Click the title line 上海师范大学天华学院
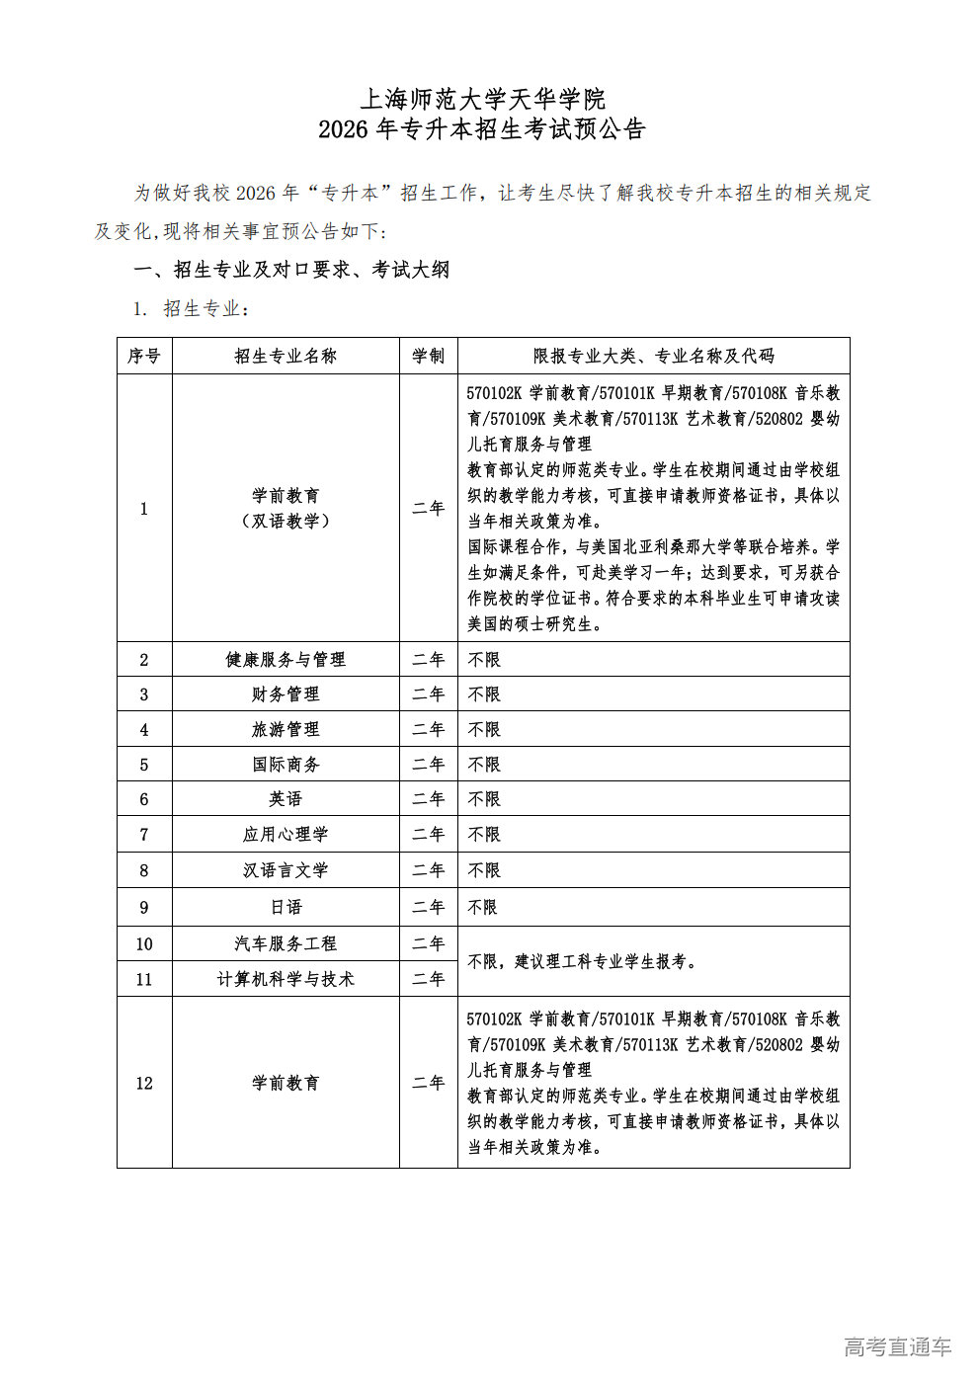(482, 99)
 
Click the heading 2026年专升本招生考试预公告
(482, 129)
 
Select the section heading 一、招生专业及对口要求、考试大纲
(291, 270)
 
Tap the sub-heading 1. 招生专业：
(192, 309)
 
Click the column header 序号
(144, 356)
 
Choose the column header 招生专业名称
(286, 356)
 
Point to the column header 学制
(428, 356)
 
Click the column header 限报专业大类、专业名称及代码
(653, 356)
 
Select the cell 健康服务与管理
(286, 659)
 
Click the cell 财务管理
(286, 694)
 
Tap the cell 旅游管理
(286, 729)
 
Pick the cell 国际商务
(286, 765)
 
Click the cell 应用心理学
(286, 835)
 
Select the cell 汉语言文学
(286, 870)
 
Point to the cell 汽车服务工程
(286, 944)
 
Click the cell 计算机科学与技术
(286, 979)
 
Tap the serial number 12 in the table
(144, 1083)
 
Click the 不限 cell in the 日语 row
(483, 907)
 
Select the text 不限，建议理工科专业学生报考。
(583, 961)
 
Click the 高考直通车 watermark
(897, 1346)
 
